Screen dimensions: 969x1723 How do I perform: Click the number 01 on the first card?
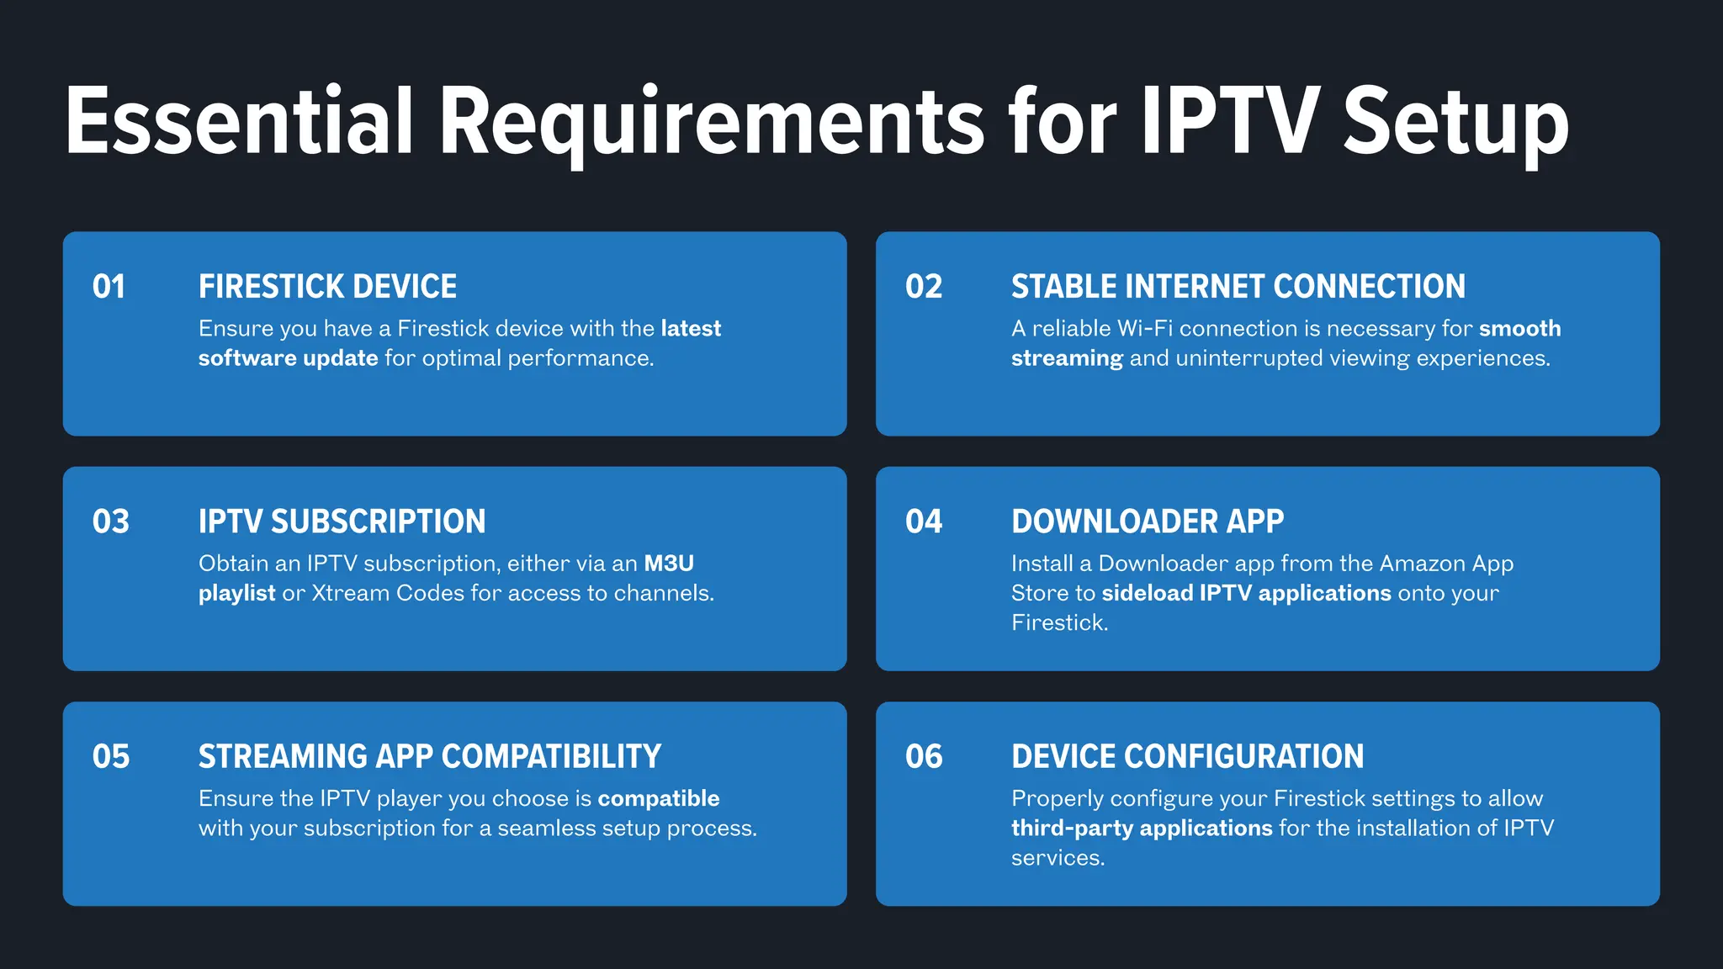[109, 287]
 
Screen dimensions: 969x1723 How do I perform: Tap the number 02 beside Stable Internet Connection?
[924, 287]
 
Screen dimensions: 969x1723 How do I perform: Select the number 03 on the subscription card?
[110, 522]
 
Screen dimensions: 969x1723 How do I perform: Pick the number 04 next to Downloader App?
[924, 522]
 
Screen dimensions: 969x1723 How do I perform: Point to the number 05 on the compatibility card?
[110, 756]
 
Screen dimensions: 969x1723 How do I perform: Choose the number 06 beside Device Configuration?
[924, 756]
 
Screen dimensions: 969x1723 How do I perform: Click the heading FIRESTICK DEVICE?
[327, 287]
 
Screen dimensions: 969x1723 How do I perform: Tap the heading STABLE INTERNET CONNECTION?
[1238, 287]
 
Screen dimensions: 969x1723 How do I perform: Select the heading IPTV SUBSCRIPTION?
[342, 522]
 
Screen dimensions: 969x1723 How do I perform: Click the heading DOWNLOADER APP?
[1147, 522]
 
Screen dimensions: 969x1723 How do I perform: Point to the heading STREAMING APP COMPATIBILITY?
[429, 756]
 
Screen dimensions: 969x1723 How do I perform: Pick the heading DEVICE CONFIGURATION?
[1187, 756]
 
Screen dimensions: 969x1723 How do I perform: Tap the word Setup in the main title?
[1455, 124]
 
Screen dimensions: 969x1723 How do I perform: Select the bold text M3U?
[669, 564]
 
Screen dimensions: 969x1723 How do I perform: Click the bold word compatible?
[659, 798]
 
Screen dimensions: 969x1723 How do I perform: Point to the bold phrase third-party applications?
[1142, 829]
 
